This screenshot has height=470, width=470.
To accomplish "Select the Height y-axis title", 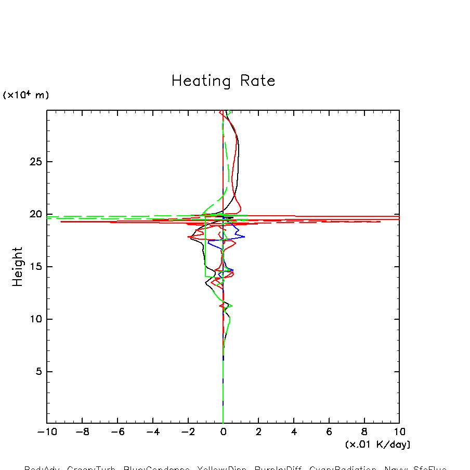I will (x=18, y=266).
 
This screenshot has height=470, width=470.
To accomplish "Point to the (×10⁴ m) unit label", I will (x=26, y=95).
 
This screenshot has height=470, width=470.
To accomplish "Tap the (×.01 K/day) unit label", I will (x=377, y=445).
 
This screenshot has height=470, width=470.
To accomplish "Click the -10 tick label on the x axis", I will (x=46, y=432).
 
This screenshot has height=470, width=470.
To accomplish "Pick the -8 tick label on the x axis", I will (x=82, y=432).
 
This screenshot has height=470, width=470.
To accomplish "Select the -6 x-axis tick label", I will (x=117, y=432).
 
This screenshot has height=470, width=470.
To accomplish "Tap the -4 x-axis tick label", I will (x=152, y=432).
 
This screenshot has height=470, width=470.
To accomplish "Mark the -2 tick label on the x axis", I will (x=188, y=432).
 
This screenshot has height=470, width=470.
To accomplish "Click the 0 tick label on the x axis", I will (x=223, y=432).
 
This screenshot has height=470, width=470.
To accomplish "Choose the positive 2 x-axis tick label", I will (x=258, y=432).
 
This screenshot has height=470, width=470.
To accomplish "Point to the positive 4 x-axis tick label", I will (x=294, y=432).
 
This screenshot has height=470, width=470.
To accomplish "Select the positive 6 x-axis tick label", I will (x=329, y=432).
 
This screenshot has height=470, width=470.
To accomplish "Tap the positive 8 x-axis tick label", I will (x=364, y=432).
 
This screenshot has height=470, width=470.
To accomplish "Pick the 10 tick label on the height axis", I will (x=34, y=319).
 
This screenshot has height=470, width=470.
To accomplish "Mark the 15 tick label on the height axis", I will (x=34, y=267).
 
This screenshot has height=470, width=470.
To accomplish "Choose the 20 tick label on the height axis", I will (x=34, y=214).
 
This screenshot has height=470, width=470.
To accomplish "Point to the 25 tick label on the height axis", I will (x=34, y=162).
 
